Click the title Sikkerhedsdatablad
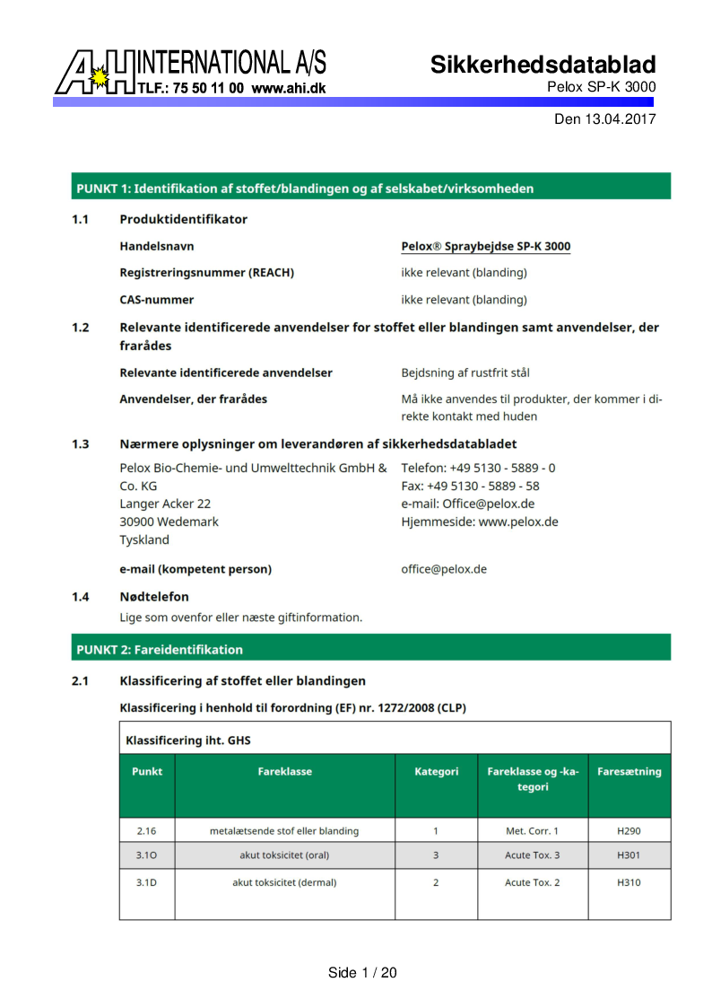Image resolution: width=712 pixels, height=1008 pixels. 543,65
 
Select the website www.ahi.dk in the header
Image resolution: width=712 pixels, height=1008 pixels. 288,89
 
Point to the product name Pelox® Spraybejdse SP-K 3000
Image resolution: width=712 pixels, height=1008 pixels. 485,247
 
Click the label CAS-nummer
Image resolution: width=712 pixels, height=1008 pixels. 157,300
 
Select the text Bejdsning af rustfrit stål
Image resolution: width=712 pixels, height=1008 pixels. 471,373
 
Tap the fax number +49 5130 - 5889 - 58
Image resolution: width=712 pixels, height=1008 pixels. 470,486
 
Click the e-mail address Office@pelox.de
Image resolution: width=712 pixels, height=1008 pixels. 488,504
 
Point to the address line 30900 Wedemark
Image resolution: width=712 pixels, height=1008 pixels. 169,522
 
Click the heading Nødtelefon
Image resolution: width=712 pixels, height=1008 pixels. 154,597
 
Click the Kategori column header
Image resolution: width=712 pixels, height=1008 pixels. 436,771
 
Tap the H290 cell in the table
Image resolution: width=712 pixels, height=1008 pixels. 629,831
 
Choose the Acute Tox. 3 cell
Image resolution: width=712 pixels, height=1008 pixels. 532,855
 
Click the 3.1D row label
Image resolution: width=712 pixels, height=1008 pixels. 147,882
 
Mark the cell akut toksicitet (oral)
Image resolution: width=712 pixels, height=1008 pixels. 284,855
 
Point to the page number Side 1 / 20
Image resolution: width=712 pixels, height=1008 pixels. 362,973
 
